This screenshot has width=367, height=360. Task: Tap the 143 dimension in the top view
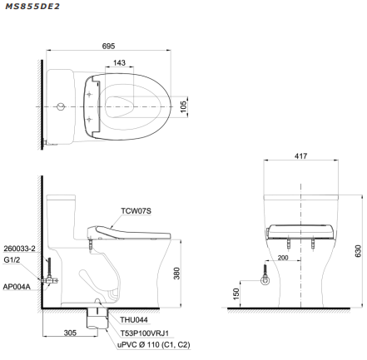(120, 63)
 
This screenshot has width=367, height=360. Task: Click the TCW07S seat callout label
(136, 211)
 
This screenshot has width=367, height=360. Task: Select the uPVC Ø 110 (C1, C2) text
(150, 343)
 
